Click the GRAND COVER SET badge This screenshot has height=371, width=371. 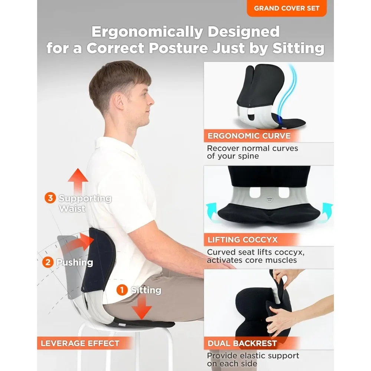pos(286,8)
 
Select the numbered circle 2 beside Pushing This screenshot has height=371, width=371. pos(48,263)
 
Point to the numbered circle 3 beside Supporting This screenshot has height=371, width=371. pos(50,198)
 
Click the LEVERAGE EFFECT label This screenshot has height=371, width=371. pos(80,343)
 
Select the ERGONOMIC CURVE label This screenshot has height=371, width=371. pos(249,136)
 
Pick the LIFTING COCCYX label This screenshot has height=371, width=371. pos(243,240)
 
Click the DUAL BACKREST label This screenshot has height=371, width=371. pos(242,344)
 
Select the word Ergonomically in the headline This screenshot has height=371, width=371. pos(145,32)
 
